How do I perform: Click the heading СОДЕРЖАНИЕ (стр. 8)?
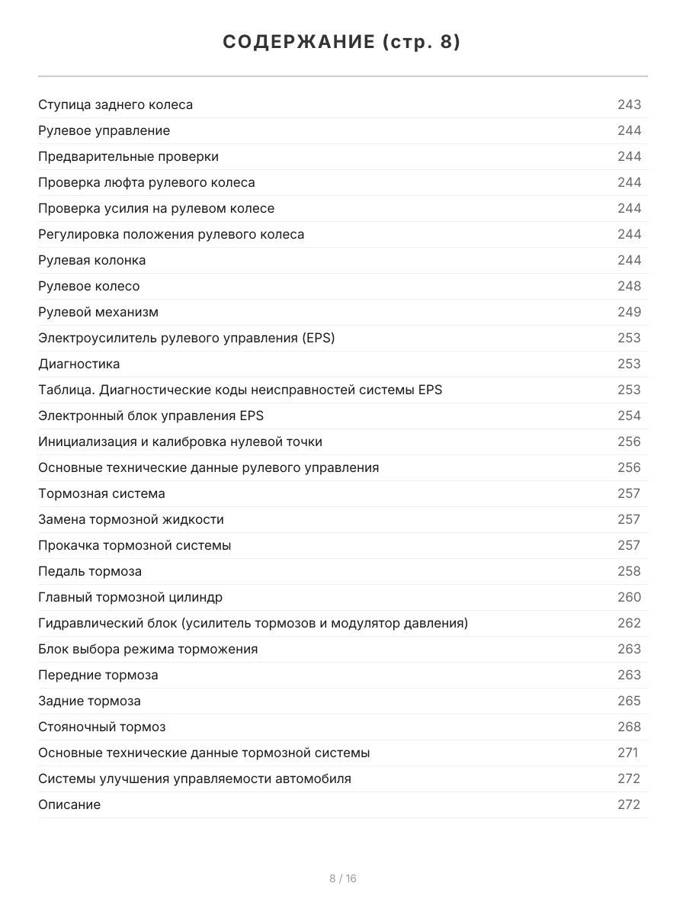pos(342,43)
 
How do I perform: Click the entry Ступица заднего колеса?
pos(115,104)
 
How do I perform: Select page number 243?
pos(629,104)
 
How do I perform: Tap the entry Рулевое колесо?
pos(88,286)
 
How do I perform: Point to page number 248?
pos(629,286)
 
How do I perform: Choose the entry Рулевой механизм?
pos(98,312)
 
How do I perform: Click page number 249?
pos(629,312)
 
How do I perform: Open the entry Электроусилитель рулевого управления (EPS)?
pos(186,338)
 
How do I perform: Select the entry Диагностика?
pos(79,364)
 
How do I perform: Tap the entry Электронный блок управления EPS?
pos(151,416)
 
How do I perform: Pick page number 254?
pos(629,416)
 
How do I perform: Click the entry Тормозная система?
pos(101,493)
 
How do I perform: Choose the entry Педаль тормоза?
pos(90,571)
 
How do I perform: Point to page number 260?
pos(629,597)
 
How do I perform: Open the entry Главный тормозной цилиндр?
pos(130,597)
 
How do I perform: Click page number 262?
pos(629,623)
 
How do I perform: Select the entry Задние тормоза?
pos(89,701)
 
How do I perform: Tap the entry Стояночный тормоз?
pos(101,727)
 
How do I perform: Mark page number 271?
pos(627,753)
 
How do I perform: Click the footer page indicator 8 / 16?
pos(342,878)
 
